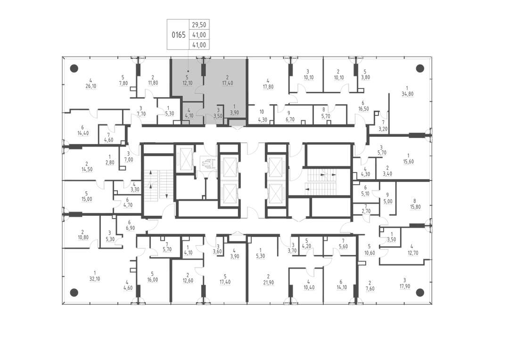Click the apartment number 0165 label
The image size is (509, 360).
pos(179,35)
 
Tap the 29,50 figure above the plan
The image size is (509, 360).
pos(199,25)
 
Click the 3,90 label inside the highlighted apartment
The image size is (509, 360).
pos(234,113)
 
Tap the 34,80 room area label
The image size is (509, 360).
pos(408,94)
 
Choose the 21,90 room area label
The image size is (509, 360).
pos(268,282)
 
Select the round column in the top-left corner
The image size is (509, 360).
pos(74,68)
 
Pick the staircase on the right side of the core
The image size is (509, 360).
pos(320,181)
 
